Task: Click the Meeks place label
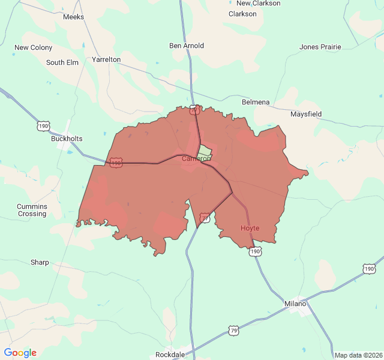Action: [x=73, y=17]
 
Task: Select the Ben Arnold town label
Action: [x=187, y=46]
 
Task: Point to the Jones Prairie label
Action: [x=320, y=47]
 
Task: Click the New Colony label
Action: [x=33, y=47]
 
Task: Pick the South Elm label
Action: [x=62, y=62]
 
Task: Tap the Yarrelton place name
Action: [x=106, y=59]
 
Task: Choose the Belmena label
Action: [x=256, y=102]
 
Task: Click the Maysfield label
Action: [x=306, y=114]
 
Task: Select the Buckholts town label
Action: [x=67, y=139]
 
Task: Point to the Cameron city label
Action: [x=196, y=158]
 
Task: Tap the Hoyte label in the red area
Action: [x=250, y=228]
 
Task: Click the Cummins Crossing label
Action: [x=32, y=210]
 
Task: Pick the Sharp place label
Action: [x=40, y=262]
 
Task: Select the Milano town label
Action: [x=296, y=304]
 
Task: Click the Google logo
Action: [x=20, y=353]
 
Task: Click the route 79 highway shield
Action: [x=234, y=330]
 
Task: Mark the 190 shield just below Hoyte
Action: [x=256, y=251]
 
